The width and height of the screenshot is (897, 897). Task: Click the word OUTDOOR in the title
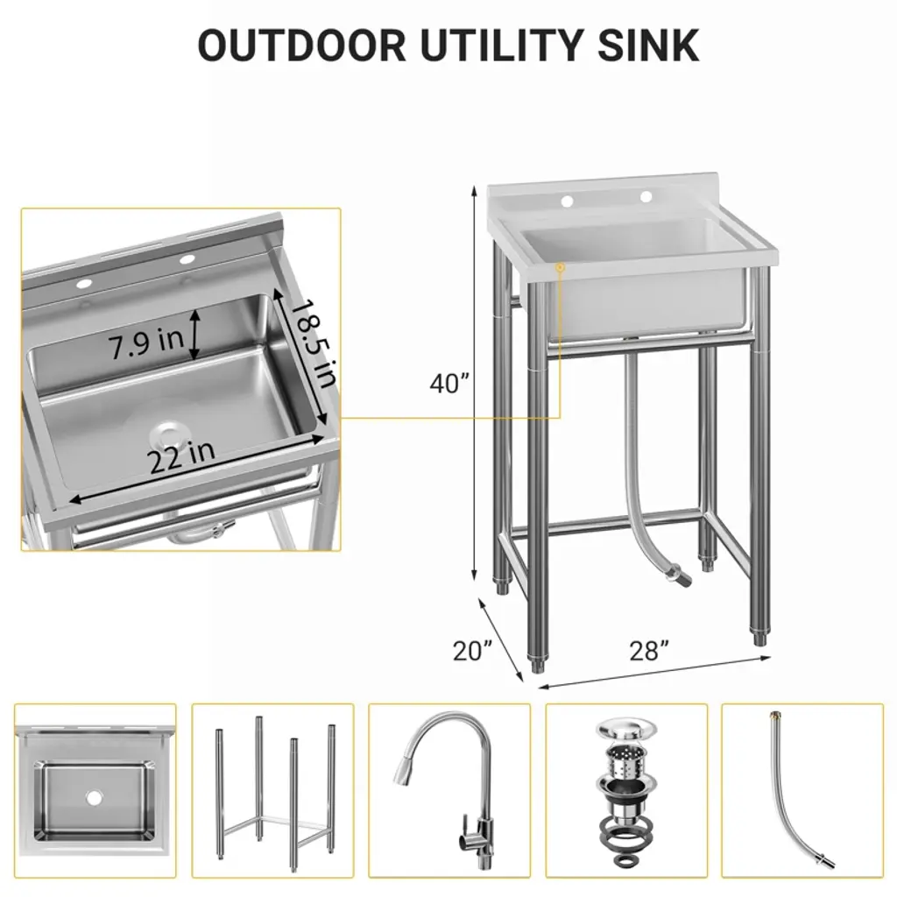pos(301,45)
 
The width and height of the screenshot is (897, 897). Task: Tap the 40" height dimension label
pos(449,384)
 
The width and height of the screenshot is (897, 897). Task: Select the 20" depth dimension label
pos(472,651)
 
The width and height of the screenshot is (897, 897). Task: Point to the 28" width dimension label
pos(649,651)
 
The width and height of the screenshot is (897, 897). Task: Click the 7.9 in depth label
pos(146,343)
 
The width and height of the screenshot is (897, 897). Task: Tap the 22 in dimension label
pos(182,456)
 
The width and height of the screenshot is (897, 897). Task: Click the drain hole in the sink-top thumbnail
pos(93,795)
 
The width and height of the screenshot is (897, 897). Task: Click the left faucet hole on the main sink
pos(568,201)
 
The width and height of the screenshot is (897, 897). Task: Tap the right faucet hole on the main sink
pos(646,197)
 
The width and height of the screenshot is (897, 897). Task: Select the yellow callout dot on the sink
pos(560,267)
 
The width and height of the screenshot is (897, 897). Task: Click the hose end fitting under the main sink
pos(679,574)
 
